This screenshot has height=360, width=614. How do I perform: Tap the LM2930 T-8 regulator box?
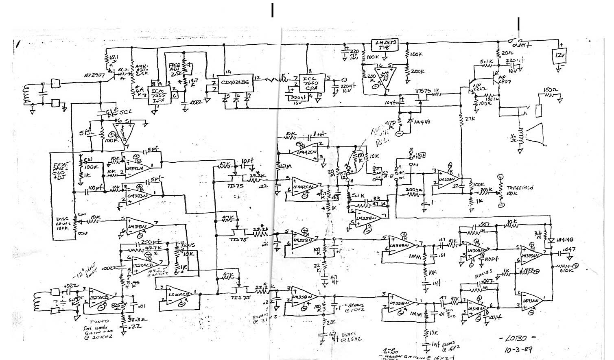coord(385,45)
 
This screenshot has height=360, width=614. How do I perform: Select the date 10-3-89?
coord(518,349)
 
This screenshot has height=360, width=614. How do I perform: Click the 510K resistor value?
coord(567,270)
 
